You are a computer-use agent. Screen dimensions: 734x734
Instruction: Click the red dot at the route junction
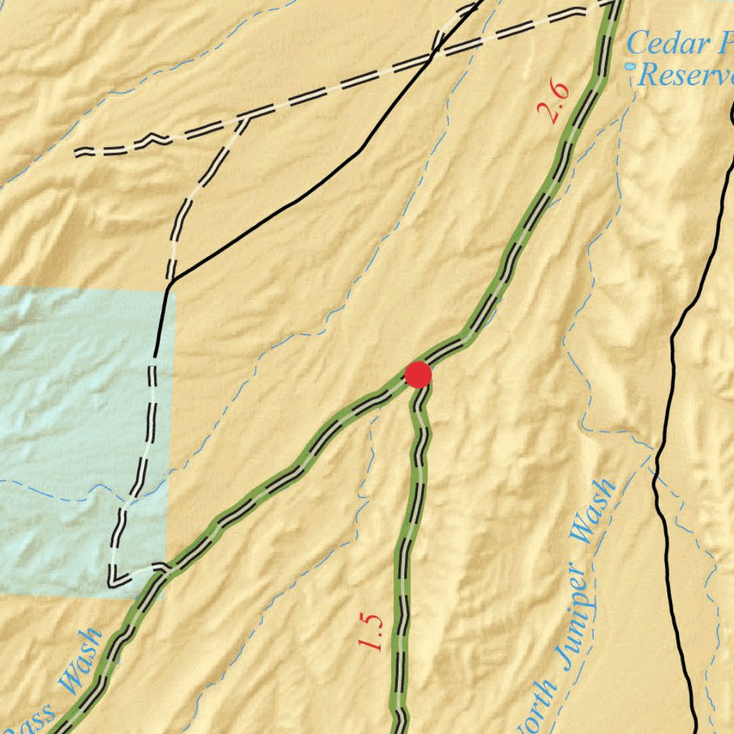pyautogui.click(x=418, y=375)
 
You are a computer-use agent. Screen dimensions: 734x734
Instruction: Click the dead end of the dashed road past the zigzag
pyautogui.click(x=77, y=152)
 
